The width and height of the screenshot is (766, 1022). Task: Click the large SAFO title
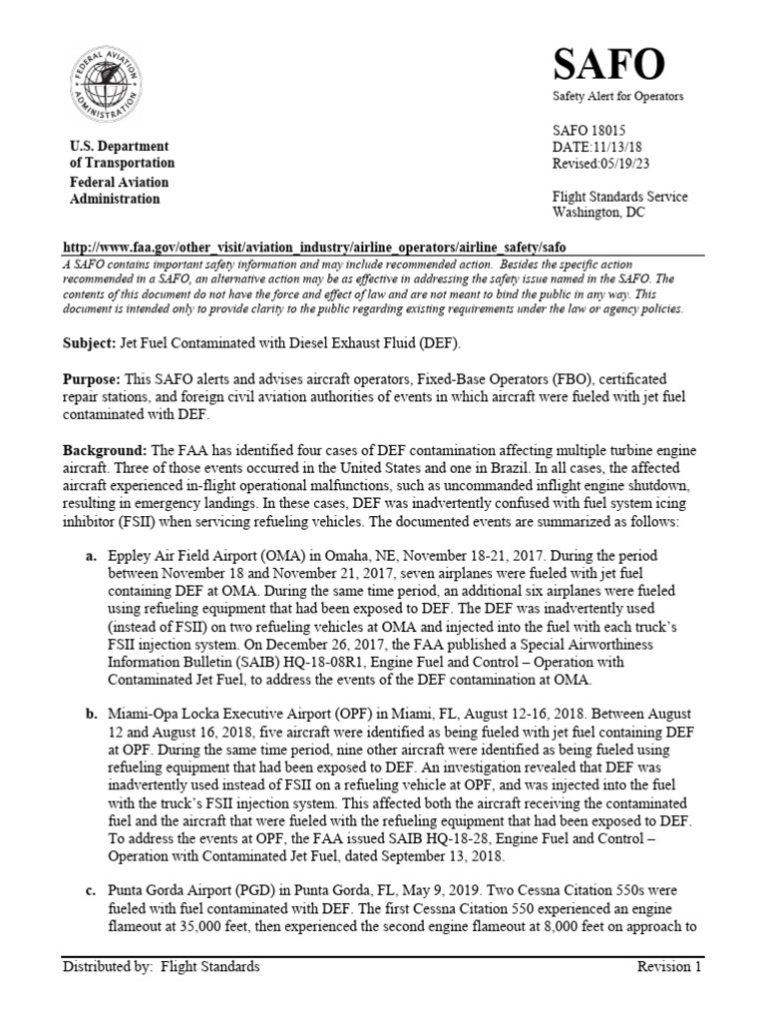tap(608, 65)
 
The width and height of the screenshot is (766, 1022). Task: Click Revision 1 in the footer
tap(670, 967)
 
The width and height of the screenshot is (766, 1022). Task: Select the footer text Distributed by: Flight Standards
tap(161, 967)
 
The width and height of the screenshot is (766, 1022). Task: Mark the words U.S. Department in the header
tap(119, 147)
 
